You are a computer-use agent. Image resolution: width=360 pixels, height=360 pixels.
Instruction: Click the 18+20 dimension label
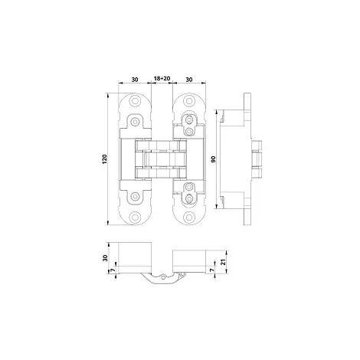162,78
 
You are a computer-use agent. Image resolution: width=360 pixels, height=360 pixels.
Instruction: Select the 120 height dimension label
105,159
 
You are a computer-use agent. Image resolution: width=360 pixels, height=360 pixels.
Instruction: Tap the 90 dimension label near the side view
214,159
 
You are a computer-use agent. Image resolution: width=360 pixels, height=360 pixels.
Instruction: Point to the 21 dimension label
224,262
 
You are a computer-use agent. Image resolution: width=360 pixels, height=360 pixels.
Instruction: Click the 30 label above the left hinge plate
135,80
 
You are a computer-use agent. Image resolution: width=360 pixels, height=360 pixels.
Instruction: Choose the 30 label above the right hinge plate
189,80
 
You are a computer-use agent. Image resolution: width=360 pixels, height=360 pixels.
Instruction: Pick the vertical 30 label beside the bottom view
105,258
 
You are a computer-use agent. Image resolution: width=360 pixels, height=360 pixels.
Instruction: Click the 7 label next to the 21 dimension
211,270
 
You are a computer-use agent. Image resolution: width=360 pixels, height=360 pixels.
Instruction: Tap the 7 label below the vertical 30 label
112,270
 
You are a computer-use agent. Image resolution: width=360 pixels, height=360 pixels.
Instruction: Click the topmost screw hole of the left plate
135,101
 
